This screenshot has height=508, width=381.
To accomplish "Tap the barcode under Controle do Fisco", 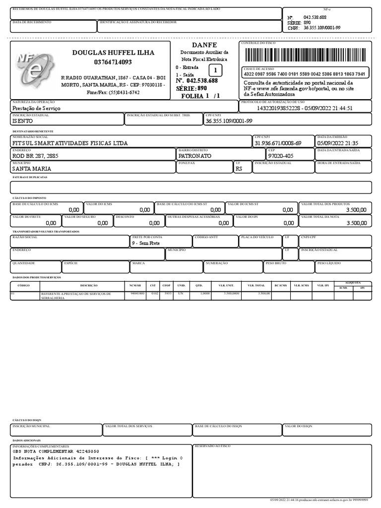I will click(305, 54).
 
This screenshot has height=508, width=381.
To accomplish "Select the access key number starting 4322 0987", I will click(305, 74).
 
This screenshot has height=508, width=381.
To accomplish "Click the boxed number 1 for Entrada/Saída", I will click(215, 70).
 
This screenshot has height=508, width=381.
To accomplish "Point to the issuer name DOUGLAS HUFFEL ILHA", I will click(113, 53).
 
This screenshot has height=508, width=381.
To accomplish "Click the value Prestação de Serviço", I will click(36, 108).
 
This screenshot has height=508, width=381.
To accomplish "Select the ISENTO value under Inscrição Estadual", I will click(23, 121).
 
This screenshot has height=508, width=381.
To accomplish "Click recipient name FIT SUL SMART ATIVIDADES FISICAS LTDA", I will click(70, 143).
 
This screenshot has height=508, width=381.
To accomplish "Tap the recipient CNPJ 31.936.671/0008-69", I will click(278, 143).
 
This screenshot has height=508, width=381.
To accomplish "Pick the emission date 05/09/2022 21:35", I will click(338, 143).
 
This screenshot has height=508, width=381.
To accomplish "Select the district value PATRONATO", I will click(195, 156).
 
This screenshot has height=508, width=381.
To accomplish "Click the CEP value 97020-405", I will click(281, 156).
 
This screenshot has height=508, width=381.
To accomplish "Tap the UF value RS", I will click(239, 169).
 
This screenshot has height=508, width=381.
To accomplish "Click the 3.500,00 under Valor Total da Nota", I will click(357, 223).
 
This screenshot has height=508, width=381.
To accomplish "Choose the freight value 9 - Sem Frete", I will click(146, 244).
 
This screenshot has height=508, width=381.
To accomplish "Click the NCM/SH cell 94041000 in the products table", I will click(137, 294).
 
